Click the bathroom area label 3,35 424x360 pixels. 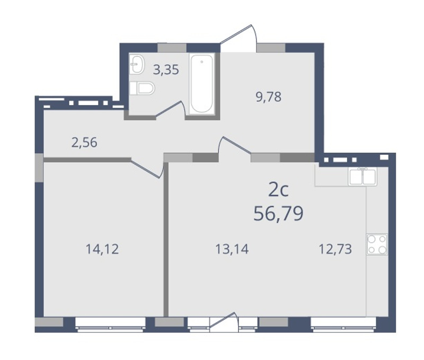(166, 69)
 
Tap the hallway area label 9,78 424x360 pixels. (269, 97)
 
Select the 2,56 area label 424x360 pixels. (84, 143)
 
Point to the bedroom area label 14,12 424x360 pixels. (102, 249)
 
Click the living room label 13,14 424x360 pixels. (232, 249)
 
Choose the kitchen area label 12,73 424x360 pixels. (335, 249)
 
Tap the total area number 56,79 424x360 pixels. (279, 214)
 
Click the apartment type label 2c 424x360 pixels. (279, 190)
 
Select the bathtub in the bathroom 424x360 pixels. (202, 84)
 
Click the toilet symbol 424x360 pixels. (142, 88)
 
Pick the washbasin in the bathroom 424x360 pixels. (137, 64)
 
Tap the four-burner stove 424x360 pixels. (377, 244)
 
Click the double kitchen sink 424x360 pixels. (363, 177)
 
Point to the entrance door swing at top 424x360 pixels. (238, 38)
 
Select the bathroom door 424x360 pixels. (170, 110)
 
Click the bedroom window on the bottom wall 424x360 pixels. (110, 324)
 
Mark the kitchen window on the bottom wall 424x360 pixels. (343, 324)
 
